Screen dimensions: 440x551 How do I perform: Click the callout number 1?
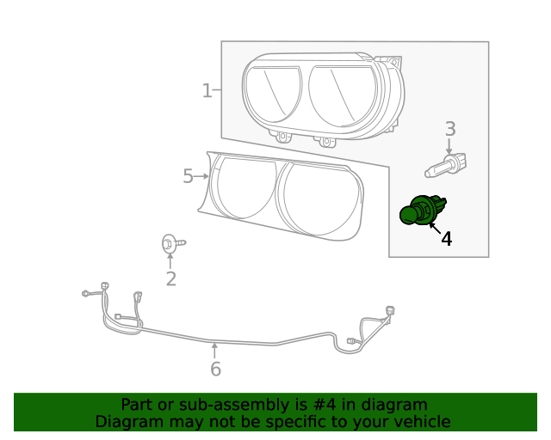tap(207, 90)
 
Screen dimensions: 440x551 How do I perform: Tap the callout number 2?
tap(170, 278)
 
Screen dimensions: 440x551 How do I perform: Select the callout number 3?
tap(449, 129)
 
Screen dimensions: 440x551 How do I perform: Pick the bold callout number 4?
tap(446, 239)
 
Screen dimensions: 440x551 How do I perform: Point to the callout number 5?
tap(189, 176)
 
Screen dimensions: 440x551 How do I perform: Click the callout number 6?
tap(215, 370)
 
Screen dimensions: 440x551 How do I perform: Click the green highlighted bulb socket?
tap(422, 210)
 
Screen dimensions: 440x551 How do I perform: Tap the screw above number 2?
tap(170, 244)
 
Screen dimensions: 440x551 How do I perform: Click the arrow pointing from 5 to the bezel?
tap(203, 176)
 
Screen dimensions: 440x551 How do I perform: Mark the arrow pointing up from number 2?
tap(170, 260)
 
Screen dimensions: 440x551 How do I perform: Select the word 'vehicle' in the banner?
tap(421, 422)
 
